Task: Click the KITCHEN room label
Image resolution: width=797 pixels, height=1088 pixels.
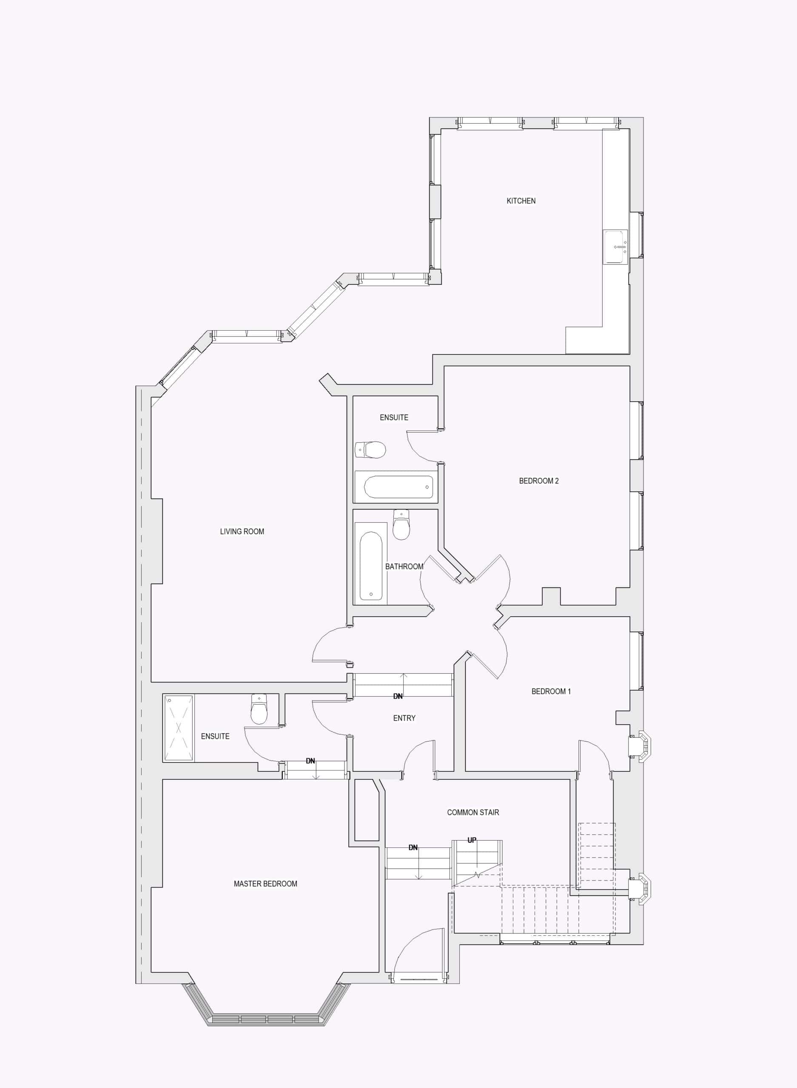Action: click(521, 201)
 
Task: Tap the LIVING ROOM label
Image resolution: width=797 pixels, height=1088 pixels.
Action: click(242, 531)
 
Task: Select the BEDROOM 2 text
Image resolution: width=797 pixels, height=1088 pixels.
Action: click(538, 481)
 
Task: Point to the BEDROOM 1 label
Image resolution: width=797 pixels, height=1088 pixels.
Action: click(551, 691)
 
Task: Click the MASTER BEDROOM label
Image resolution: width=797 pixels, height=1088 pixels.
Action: click(265, 884)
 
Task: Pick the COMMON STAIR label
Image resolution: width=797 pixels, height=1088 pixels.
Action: click(473, 812)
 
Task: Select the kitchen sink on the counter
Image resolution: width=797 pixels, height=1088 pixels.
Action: click(615, 247)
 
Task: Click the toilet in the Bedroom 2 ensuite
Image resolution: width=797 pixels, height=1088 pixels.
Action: click(370, 450)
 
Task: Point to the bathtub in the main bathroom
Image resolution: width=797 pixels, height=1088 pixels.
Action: click(370, 564)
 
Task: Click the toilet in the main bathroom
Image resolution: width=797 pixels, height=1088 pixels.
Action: click(401, 524)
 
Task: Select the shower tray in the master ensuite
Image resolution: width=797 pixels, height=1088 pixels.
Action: click(179, 728)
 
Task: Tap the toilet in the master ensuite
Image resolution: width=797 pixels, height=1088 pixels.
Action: click(259, 709)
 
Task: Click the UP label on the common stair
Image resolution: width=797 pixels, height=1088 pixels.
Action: click(472, 840)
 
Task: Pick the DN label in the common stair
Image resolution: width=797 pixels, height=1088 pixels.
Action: click(413, 847)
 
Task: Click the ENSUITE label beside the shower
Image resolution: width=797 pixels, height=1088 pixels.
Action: click(215, 736)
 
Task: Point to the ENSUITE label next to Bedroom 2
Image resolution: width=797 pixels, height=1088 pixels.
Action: click(394, 417)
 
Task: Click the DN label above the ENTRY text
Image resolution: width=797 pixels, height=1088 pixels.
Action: click(398, 696)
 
